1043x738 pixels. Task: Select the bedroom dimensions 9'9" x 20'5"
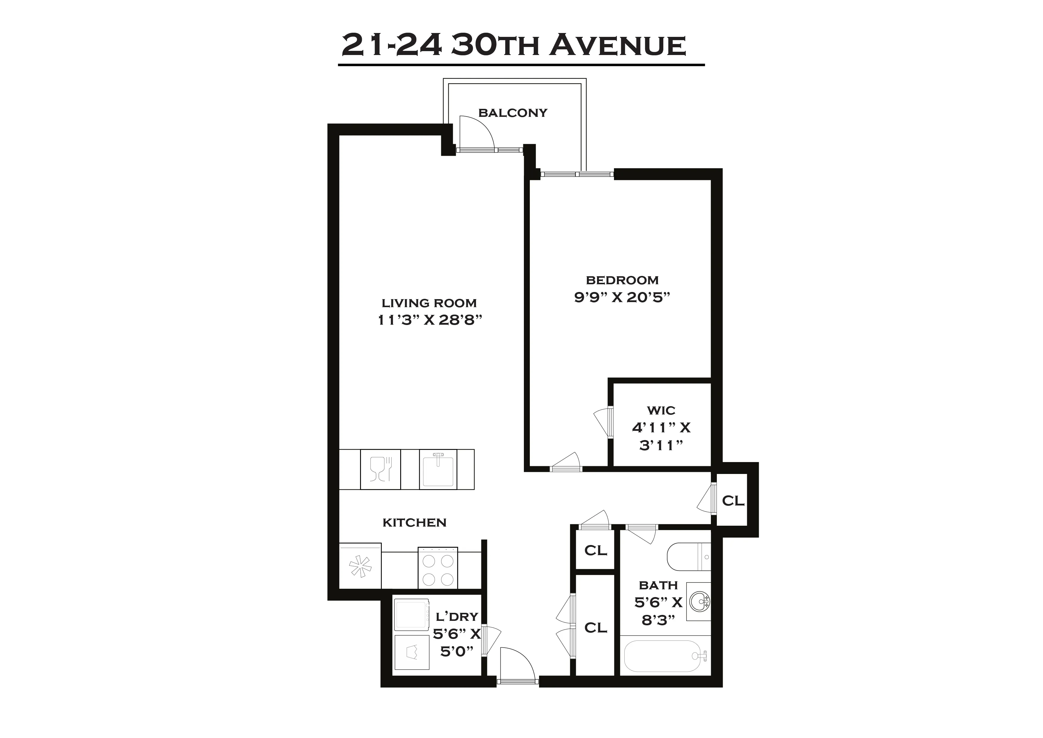coord(622,297)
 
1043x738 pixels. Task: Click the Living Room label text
coord(429,303)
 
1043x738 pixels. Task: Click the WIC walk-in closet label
coord(661,410)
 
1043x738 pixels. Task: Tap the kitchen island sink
coord(438,470)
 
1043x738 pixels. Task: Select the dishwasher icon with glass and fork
coord(381,470)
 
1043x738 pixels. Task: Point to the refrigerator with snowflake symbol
coord(360,566)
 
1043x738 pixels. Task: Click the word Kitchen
coord(414,523)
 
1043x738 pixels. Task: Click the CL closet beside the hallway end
coord(733,501)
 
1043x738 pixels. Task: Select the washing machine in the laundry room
coord(411,614)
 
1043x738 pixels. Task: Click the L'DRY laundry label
coord(457,617)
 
